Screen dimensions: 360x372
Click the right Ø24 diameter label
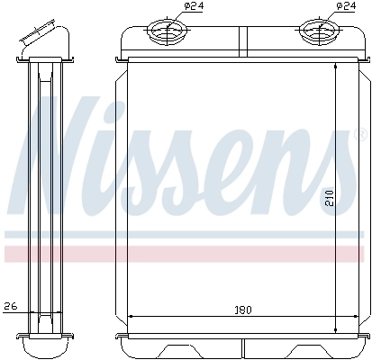pyautogui.click(x=345, y=6)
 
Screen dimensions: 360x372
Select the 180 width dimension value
pyautogui.click(x=242, y=310)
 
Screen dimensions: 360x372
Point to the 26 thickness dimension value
pyautogui.click(x=10, y=304)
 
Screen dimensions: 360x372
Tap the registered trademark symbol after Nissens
pyautogui.click(x=336, y=137)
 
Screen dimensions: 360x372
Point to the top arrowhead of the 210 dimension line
pyautogui.click(x=337, y=67)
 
